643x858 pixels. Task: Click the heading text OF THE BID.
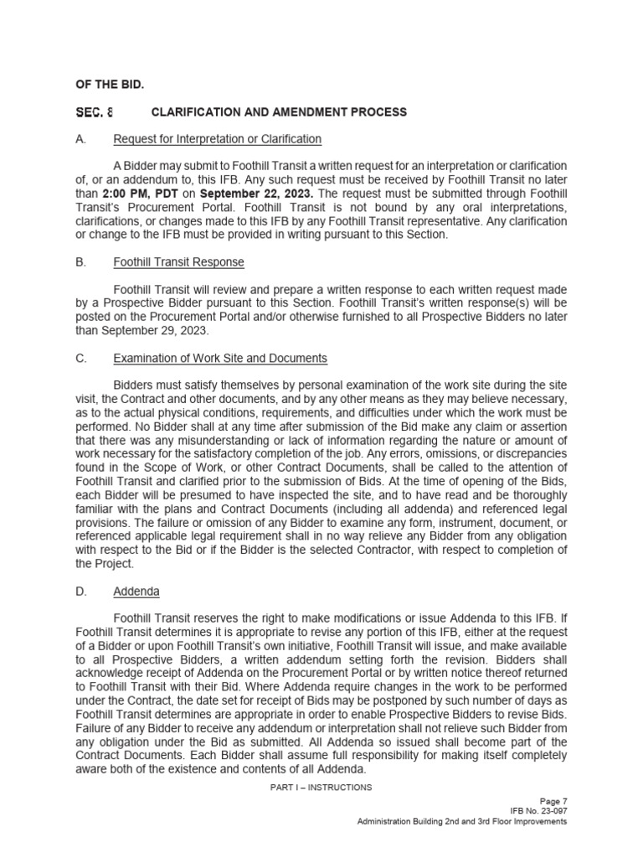click(x=109, y=84)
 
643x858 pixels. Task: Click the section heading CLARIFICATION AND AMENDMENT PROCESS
click(x=279, y=112)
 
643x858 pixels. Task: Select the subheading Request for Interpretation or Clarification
click(x=217, y=139)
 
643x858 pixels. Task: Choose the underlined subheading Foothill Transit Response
click(x=178, y=262)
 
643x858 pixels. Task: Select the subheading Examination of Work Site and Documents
click(x=220, y=359)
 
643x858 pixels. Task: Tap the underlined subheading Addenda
click(x=136, y=592)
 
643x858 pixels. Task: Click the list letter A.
click(x=80, y=139)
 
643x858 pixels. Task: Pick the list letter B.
click(x=80, y=262)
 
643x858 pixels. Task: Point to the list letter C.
click(x=80, y=359)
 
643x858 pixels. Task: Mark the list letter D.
click(x=80, y=592)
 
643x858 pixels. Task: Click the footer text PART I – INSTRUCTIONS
click(x=321, y=788)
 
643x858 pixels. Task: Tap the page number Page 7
click(x=553, y=801)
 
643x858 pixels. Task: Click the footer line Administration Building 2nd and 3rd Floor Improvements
click(x=462, y=822)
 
